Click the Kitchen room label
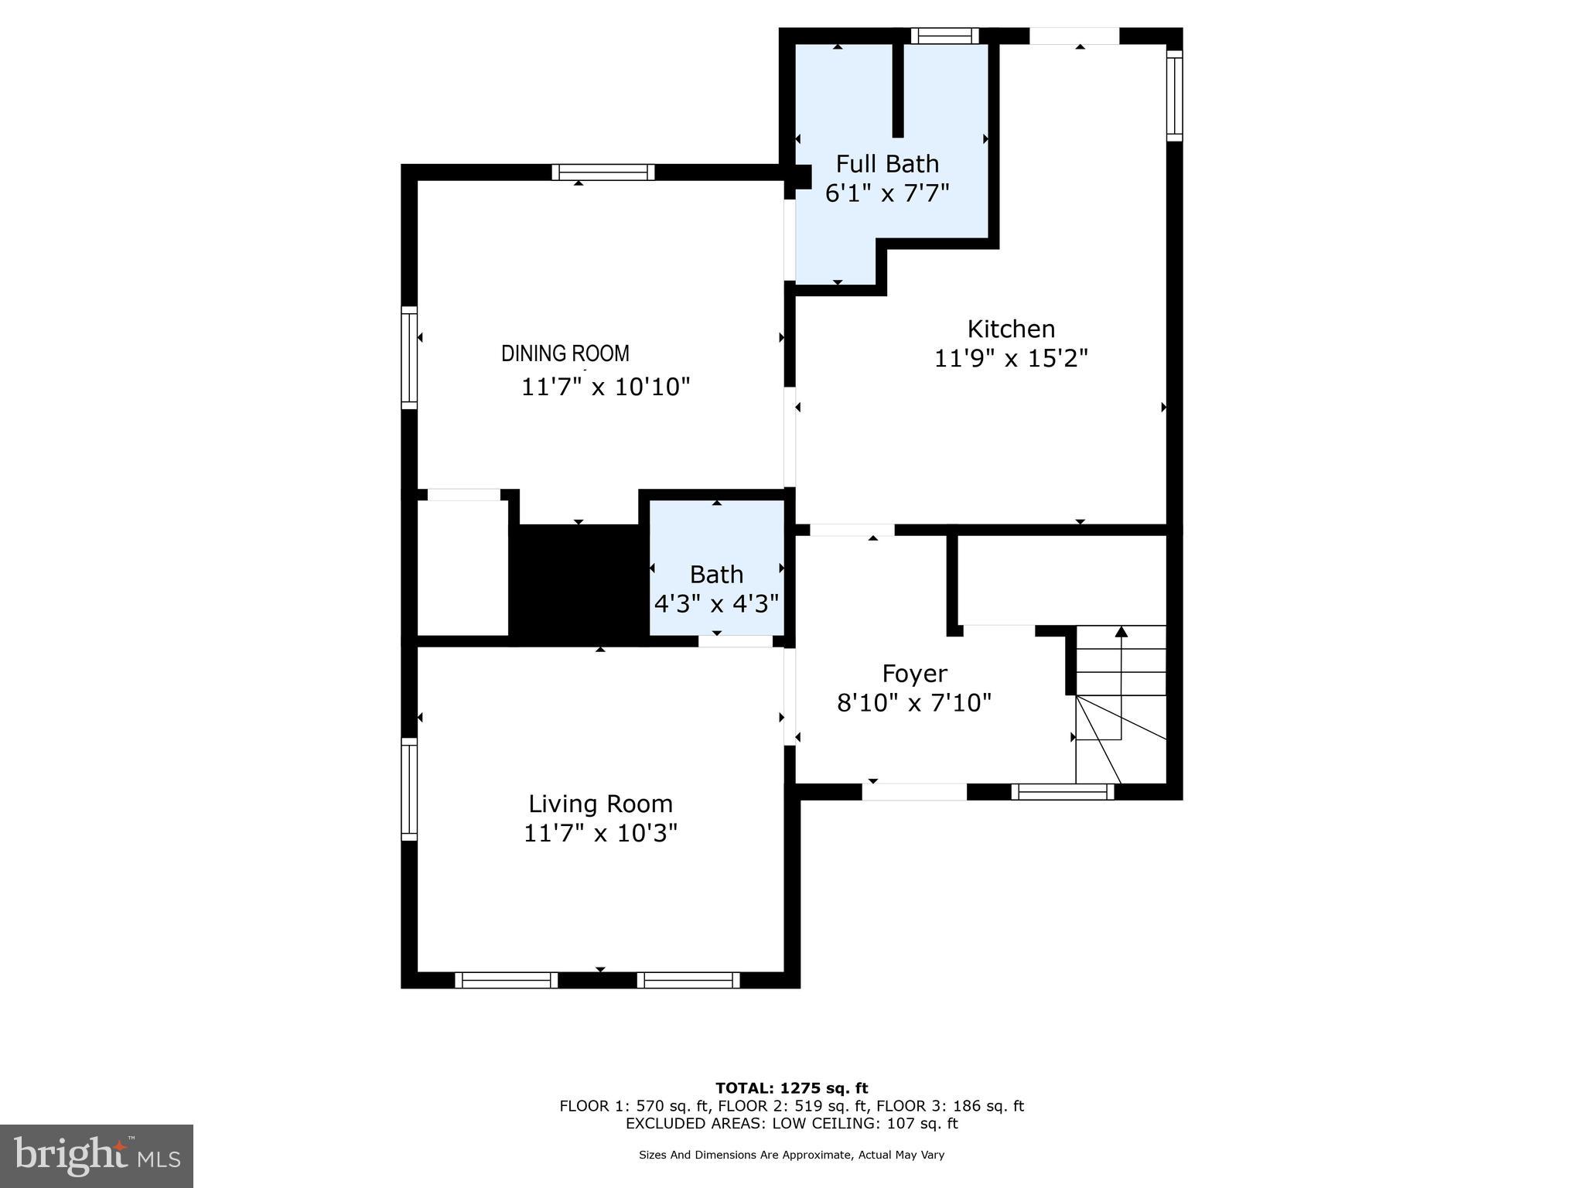point(1011,329)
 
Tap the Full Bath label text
point(887,164)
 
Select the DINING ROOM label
point(565,353)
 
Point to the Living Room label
point(600,804)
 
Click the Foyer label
point(914,674)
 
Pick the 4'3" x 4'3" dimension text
point(716,603)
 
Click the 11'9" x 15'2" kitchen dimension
point(1011,359)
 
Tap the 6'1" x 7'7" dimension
point(887,193)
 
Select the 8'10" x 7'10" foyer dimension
point(914,703)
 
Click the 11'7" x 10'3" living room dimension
point(600,834)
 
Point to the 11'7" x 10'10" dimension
point(605,387)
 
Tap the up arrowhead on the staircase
point(1121,632)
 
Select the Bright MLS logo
point(97,1156)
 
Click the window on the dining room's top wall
point(603,172)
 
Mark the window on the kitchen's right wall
point(1174,95)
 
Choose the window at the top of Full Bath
point(944,36)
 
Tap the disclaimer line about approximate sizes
point(791,1155)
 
